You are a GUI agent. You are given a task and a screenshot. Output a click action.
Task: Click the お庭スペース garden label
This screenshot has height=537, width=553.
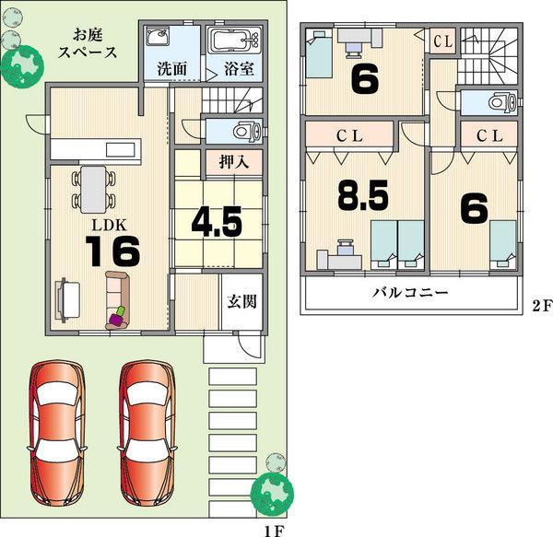click(x=88, y=43)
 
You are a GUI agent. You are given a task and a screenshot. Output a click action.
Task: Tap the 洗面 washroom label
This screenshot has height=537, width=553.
click(x=170, y=68)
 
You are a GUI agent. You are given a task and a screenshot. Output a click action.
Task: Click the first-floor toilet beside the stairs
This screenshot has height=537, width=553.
click(x=241, y=131)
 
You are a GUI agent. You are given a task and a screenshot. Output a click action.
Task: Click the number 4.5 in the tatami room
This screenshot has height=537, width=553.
click(x=217, y=221)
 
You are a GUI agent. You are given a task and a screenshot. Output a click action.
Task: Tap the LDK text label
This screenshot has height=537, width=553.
click(x=102, y=224)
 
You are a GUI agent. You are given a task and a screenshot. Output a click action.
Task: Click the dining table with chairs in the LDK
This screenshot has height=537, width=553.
click(x=92, y=187)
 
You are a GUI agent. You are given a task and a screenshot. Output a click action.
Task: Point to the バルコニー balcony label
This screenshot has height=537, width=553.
click(x=410, y=294)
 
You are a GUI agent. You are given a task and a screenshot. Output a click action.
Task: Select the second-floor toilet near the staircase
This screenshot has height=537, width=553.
click(x=496, y=102)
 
